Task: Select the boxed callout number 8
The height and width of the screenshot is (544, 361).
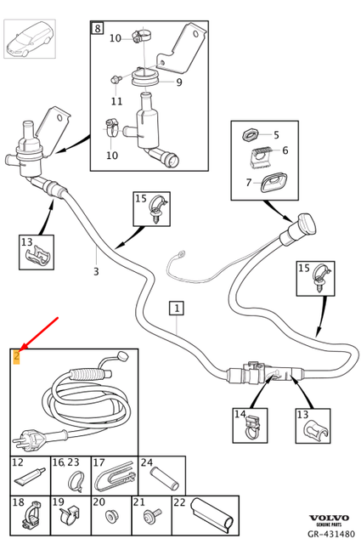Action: coord(97,29)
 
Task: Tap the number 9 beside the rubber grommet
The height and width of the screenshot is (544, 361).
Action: coord(178,82)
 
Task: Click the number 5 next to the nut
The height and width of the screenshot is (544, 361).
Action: coord(275,134)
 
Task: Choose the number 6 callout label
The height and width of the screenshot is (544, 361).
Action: coord(285,150)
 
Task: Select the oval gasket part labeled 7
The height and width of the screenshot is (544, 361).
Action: coord(274,181)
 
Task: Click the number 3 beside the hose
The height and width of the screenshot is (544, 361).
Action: coord(96,272)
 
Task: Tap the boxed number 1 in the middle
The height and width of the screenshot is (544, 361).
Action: coord(176,307)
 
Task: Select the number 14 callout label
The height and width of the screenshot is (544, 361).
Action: coord(240,416)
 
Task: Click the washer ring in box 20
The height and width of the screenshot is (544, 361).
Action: coord(110,515)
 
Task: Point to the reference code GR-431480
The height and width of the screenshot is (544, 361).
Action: coord(330,535)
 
